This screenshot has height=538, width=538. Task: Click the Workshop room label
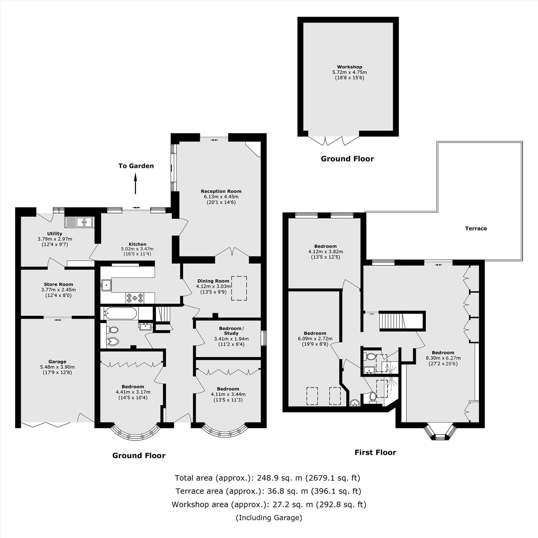click(x=349, y=67)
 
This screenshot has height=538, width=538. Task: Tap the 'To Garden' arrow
click(x=136, y=183)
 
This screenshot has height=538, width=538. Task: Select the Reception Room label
click(x=221, y=191)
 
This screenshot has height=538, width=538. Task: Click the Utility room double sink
click(x=79, y=222)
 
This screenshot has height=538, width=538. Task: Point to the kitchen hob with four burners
click(x=135, y=298)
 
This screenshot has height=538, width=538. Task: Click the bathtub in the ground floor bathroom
click(x=120, y=313)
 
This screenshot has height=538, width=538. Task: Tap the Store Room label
click(x=58, y=284)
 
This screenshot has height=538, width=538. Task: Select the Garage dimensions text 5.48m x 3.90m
click(x=57, y=367)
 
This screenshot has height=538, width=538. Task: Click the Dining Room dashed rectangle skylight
click(x=239, y=288)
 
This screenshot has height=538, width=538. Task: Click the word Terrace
click(x=476, y=228)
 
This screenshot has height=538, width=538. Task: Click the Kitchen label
click(x=137, y=244)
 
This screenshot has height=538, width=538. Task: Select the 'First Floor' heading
click(x=375, y=452)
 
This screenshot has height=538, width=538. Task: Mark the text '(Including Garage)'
click(x=269, y=517)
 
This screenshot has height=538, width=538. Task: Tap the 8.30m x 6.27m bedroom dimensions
click(x=443, y=358)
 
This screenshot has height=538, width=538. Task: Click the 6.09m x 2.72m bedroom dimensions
click(x=315, y=339)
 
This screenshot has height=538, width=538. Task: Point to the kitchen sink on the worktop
click(x=106, y=285)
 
